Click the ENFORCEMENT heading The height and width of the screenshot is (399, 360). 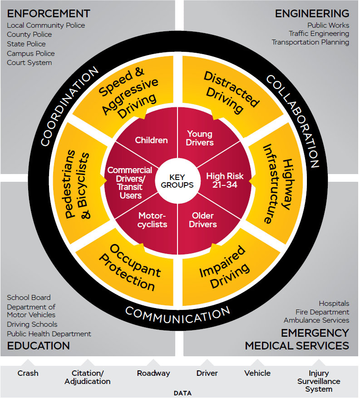49,14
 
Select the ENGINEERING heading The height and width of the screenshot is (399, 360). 312,14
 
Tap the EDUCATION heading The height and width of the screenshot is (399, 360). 39,346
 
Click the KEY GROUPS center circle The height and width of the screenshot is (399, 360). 177,181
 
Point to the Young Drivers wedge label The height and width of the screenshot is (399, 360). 200,138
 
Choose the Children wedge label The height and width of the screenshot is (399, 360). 151,140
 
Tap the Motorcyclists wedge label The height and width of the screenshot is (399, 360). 153,220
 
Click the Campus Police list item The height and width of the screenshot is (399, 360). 31,53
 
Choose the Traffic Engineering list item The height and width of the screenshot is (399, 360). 319,34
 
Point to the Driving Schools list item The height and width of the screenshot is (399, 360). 32,324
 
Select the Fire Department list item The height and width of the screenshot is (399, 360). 322,312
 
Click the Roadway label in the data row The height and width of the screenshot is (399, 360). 153,373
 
